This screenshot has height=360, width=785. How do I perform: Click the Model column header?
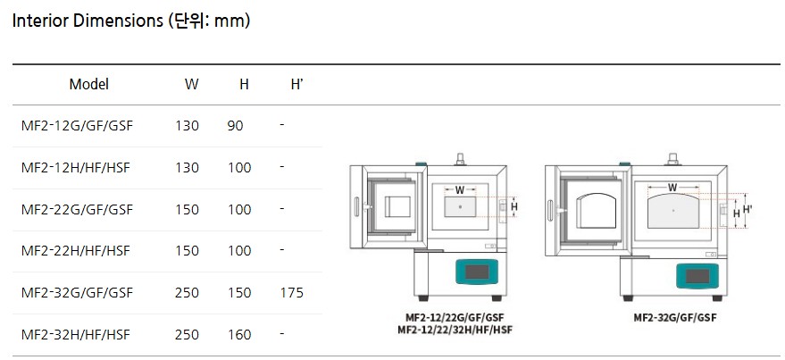(x=88, y=84)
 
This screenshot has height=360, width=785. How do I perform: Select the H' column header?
(x=296, y=84)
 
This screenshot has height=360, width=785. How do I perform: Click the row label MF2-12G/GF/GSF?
(x=77, y=125)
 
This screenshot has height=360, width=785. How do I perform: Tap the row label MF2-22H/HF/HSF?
(x=76, y=250)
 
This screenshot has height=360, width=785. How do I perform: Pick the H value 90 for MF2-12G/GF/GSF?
(x=235, y=125)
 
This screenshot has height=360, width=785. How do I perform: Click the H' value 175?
(x=292, y=292)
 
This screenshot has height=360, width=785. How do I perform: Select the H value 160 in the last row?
(x=239, y=334)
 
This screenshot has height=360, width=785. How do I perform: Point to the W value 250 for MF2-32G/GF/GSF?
(x=187, y=292)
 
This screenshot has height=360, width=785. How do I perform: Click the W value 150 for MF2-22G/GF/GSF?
(x=187, y=209)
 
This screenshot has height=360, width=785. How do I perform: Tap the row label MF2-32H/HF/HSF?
(x=76, y=334)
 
